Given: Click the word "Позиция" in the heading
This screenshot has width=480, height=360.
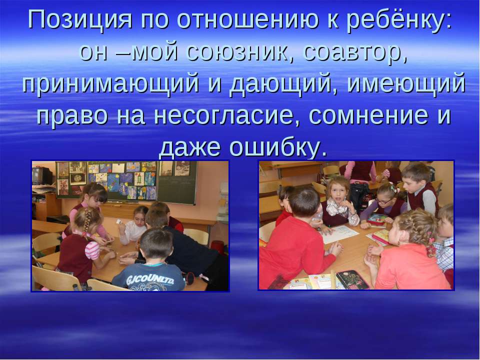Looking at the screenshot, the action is click(80, 20).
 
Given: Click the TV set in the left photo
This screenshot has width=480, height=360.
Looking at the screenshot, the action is click(41, 175).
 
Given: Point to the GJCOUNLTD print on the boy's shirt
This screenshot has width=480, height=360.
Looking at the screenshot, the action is click(150, 279).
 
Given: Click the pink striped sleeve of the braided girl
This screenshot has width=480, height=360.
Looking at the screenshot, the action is click(93, 250).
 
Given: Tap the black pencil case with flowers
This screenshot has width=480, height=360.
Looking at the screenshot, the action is click(352, 279).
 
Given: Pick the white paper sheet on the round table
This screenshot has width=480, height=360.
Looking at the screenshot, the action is click(339, 234).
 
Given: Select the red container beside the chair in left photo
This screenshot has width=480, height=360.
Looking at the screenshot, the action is click(217, 247).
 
